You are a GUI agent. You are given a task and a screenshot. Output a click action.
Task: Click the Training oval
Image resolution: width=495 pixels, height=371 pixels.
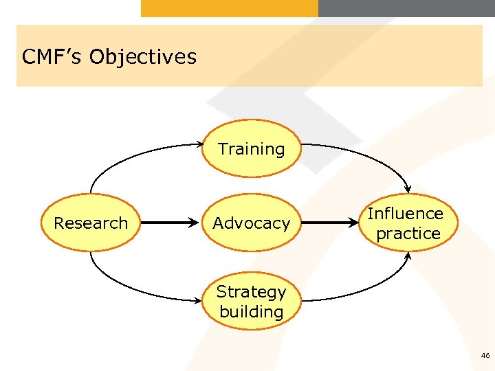(252, 149)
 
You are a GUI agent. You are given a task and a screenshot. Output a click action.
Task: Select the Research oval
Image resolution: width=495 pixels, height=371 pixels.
(91, 223)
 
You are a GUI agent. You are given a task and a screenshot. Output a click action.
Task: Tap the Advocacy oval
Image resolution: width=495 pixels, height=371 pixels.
(252, 223)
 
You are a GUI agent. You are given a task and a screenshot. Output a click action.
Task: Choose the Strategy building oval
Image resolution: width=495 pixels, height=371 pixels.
(252, 301)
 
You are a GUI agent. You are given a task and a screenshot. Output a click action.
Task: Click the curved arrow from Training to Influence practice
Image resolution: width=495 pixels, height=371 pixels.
(371, 155)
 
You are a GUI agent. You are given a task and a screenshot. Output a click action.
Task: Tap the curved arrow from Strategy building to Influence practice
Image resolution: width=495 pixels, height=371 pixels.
(371, 289)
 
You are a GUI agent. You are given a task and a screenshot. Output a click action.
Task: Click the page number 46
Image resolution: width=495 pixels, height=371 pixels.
(485, 356)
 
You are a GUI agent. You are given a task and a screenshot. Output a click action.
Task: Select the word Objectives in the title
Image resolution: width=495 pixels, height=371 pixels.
(142, 56)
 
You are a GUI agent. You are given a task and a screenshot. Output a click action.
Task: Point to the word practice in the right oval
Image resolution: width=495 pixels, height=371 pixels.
(408, 234)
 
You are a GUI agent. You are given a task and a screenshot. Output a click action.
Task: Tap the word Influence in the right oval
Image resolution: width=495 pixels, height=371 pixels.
(406, 214)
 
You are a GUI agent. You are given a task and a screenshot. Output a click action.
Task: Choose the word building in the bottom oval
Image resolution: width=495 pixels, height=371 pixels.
(252, 311)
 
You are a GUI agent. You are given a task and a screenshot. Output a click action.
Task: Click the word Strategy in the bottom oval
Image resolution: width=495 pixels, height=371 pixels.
(252, 291)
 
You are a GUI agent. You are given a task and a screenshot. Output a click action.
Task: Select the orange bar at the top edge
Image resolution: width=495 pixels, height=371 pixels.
(230, 8)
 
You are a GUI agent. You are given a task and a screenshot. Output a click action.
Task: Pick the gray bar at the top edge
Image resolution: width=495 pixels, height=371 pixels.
(406, 8)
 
